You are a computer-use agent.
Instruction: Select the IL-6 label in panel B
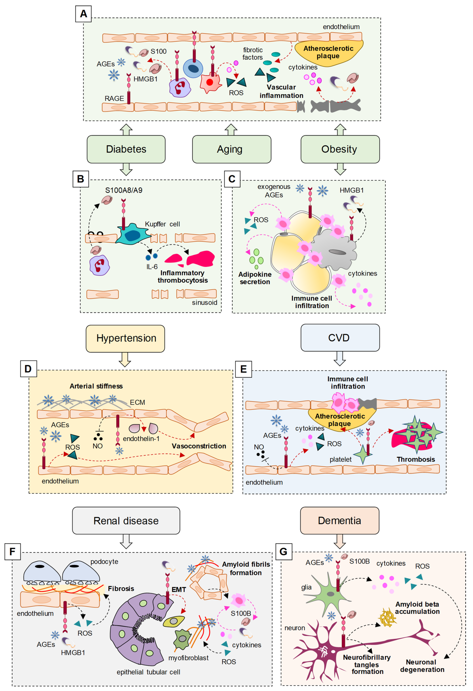(x=152, y=267)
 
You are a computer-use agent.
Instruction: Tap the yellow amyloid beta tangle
(x=388, y=618)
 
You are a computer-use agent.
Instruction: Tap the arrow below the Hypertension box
(x=125, y=359)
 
